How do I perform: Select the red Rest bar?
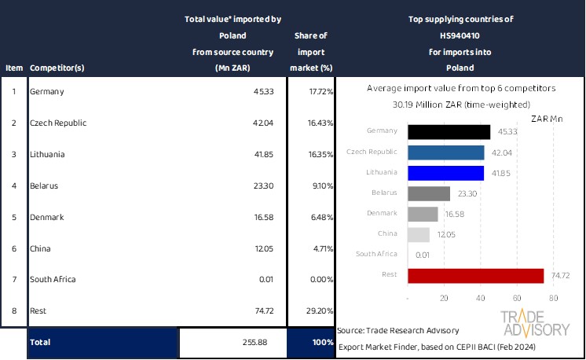click(x=476, y=275)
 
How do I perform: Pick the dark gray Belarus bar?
click(x=429, y=193)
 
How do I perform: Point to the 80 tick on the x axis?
click(x=553, y=299)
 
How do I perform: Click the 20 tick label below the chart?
click(x=444, y=299)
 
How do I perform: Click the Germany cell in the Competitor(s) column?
click(x=46, y=92)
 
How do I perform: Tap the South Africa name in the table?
click(x=53, y=279)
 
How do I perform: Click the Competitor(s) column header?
click(x=57, y=68)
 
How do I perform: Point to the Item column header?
click(x=13, y=68)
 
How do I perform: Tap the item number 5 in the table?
click(x=13, y=217)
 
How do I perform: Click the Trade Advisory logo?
click(x=536, y=323)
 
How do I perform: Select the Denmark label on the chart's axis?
click(x=383, y=213)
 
